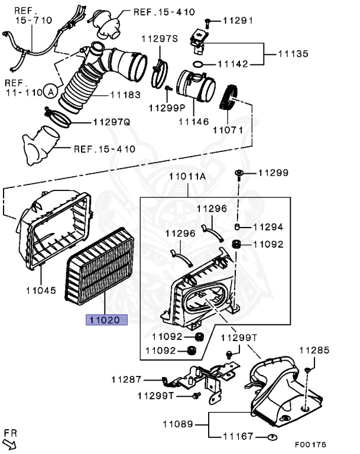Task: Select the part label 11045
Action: click(x=41, y=290)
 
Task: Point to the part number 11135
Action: click(x=294, y=54)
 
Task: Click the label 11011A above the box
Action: click(x=187, y=176)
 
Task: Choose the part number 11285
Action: click(x=314, y=351)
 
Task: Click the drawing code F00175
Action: click(x=309, y=443)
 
